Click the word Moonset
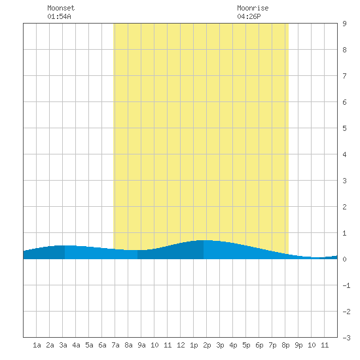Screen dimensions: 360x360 (x=61, y=8)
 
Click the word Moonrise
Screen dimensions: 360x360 (x=253, y=8)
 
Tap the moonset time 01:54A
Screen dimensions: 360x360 (x=59, y=16)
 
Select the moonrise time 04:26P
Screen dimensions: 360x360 (x=249, y=16)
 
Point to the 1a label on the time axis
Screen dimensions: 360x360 (x=37, y=345)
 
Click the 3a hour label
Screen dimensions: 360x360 (x=63, y=345)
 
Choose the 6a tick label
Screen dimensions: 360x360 (x=102, y=345)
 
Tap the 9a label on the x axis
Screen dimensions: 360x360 (x=141, y=345)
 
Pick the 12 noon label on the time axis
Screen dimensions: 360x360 (x=181, y=345)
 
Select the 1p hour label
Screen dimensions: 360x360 (x=194, y=345)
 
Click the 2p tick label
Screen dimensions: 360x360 (x=207, y=345)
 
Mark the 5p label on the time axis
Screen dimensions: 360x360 (x=246, y=345)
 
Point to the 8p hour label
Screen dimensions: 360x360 (x=285, y=345)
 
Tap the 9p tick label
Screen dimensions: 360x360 (x=298, y=345)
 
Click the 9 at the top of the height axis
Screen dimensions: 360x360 (x=344, y=24)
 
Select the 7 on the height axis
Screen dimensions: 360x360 (x=344, y=76)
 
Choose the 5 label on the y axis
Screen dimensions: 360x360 (x=344, y=128)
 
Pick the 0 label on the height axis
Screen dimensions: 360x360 (x=344, y=259)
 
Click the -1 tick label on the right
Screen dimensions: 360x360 (x=346, y=285)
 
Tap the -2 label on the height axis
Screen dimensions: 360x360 (x=346, y=312)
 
